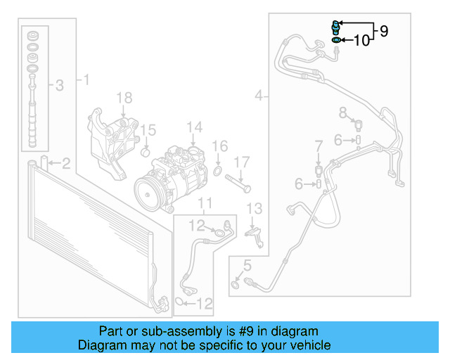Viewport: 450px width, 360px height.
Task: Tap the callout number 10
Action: [361, 41]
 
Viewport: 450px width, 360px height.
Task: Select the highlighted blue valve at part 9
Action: [336, 28]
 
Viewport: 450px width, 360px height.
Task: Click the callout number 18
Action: [124, 97]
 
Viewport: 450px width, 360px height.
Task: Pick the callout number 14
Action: [195, 127]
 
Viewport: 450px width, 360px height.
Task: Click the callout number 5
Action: [246, 265]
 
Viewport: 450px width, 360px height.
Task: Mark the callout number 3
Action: [60, 86]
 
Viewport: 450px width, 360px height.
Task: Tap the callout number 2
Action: [65, 165]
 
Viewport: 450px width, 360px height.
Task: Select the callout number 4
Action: [261, 95]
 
